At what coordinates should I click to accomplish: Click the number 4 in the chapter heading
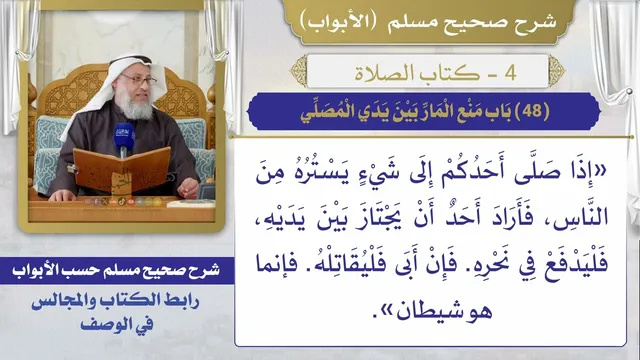point(510,73)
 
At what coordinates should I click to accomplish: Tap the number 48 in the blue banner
point(532,111)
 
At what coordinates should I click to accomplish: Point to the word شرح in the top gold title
point(538,21)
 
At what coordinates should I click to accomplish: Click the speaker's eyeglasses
point(140,79)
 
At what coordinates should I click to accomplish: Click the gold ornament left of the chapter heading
point(298,71)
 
